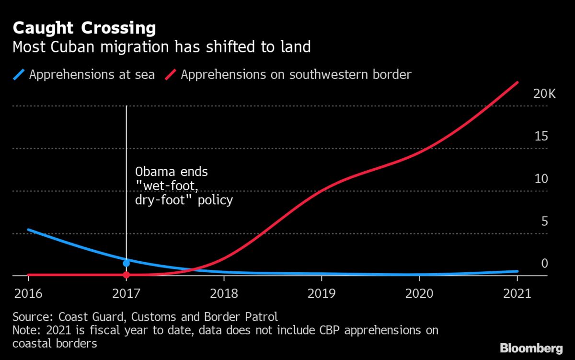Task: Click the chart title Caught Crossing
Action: click(84, 28)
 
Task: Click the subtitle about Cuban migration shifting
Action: click(161, 47)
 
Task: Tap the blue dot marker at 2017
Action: click(126, 263)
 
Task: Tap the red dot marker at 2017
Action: click(126, 275)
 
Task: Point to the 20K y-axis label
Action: click(544, 93)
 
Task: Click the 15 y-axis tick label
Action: click(541, 136)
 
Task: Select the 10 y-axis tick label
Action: click(541, 179)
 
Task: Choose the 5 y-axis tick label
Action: click(544, 221)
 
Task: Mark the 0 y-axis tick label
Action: click(544, 263)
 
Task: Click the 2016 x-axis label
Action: click(28, 293)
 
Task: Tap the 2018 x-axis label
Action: click(224, 293)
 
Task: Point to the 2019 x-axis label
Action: click(322, 293)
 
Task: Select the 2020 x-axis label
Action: click(419, 293)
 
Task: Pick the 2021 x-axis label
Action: click(517, 293)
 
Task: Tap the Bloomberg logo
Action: click(531, 348)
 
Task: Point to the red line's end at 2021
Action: click(517, 82)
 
